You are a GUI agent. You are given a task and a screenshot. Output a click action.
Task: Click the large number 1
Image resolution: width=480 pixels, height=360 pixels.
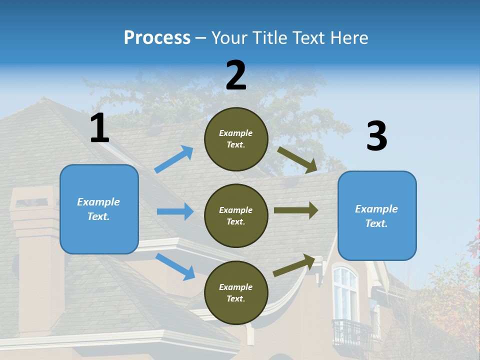tap(99, 128)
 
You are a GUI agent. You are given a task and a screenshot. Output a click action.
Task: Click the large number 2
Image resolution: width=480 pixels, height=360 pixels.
tap(236, 75)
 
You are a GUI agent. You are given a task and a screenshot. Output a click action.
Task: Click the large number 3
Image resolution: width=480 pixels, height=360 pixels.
tap(376, 136)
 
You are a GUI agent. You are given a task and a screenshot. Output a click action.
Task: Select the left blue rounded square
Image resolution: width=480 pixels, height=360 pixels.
tap(99, 209)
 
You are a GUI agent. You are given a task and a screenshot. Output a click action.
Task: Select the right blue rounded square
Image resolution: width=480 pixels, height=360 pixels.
tap(377, 215)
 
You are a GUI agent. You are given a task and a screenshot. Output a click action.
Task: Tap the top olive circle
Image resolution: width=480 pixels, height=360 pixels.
tap(236, 139)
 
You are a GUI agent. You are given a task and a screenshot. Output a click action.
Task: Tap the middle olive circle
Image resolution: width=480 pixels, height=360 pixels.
tap(236, 215)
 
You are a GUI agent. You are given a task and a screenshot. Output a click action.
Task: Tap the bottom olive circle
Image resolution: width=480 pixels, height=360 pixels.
tap(236, 292)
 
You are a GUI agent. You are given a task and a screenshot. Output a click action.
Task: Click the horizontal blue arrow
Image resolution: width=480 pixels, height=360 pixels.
tap(175, 211)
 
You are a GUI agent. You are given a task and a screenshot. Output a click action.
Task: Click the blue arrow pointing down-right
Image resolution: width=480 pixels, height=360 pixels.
tap(175, 266)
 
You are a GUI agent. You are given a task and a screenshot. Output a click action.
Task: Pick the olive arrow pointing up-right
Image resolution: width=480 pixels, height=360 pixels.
tap(295, 265)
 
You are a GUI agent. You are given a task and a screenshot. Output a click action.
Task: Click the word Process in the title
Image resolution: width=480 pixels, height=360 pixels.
tap(157, 37)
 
